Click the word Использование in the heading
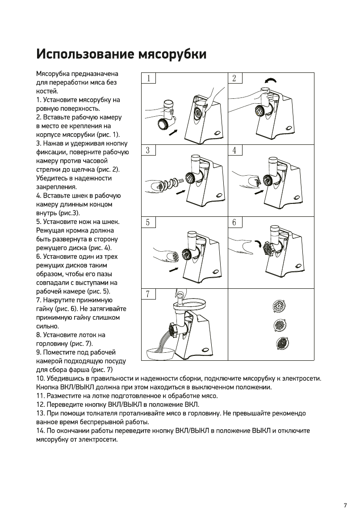[84, 55]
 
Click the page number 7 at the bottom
[345, 505]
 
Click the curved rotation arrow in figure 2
[270, 80]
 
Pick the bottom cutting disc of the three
[281, 344]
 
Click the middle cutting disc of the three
[280, 325]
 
